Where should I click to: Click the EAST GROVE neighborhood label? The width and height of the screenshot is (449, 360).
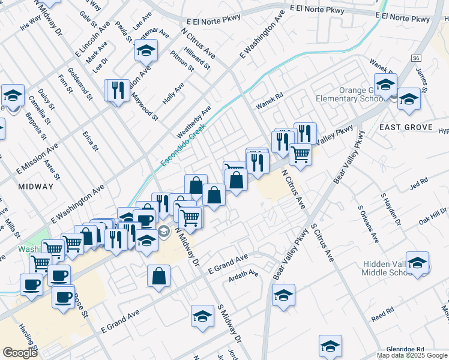pyautogui.click(x=406, y=127)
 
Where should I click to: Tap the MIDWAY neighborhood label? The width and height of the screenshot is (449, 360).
pyautogui.click(x=36, y=187)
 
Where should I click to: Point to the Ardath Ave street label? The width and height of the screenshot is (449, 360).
pyautogui.click(x=244, y=277)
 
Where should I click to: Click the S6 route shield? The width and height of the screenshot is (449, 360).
pyautogui.click(x=416, y=58)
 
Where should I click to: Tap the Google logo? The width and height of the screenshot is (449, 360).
pyautogui.click(x=20, y=353)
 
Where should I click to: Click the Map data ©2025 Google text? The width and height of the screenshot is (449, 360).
pyautogui.click(x=411, y=355)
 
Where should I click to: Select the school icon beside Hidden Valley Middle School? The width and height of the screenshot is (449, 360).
pyautogui.click(x=418, y=263)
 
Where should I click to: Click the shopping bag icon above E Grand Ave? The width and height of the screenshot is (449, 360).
pyautogui.click(x=159, y=277)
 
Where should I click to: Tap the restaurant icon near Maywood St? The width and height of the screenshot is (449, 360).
pyautogui.click(x=118, y=91)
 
